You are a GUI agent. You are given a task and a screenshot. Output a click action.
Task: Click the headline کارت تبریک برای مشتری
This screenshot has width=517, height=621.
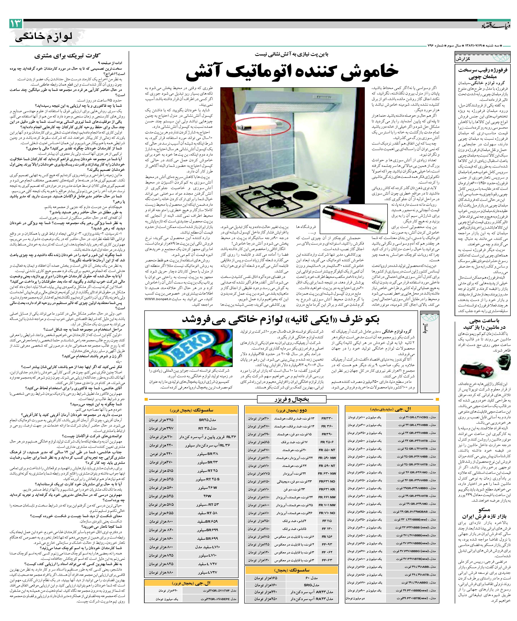[x=67, y=56]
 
